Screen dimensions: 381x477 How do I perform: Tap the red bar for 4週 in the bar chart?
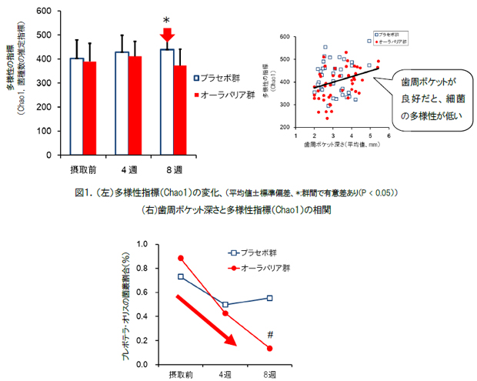135,104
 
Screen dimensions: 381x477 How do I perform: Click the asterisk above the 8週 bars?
166,22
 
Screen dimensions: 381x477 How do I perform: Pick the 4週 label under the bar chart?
128,168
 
